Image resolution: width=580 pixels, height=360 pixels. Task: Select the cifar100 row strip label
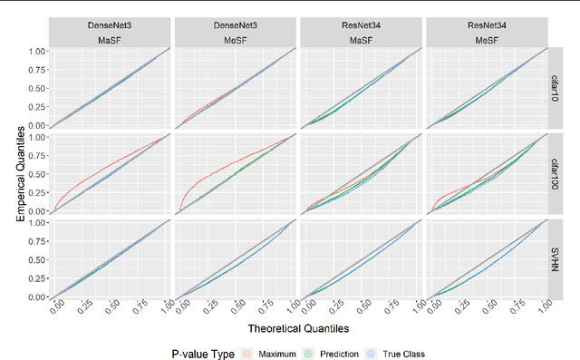pos(556,171)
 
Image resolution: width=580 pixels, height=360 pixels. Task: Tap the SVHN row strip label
pos(556,258)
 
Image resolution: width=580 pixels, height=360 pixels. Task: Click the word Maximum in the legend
pos(277,354)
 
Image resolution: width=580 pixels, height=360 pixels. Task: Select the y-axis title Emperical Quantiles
pos(19,170)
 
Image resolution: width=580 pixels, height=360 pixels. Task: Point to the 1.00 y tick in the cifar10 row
pos(34,51)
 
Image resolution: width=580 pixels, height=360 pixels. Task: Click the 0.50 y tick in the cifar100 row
pos(34,174)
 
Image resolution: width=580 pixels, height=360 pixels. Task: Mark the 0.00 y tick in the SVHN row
pos(34,297)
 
